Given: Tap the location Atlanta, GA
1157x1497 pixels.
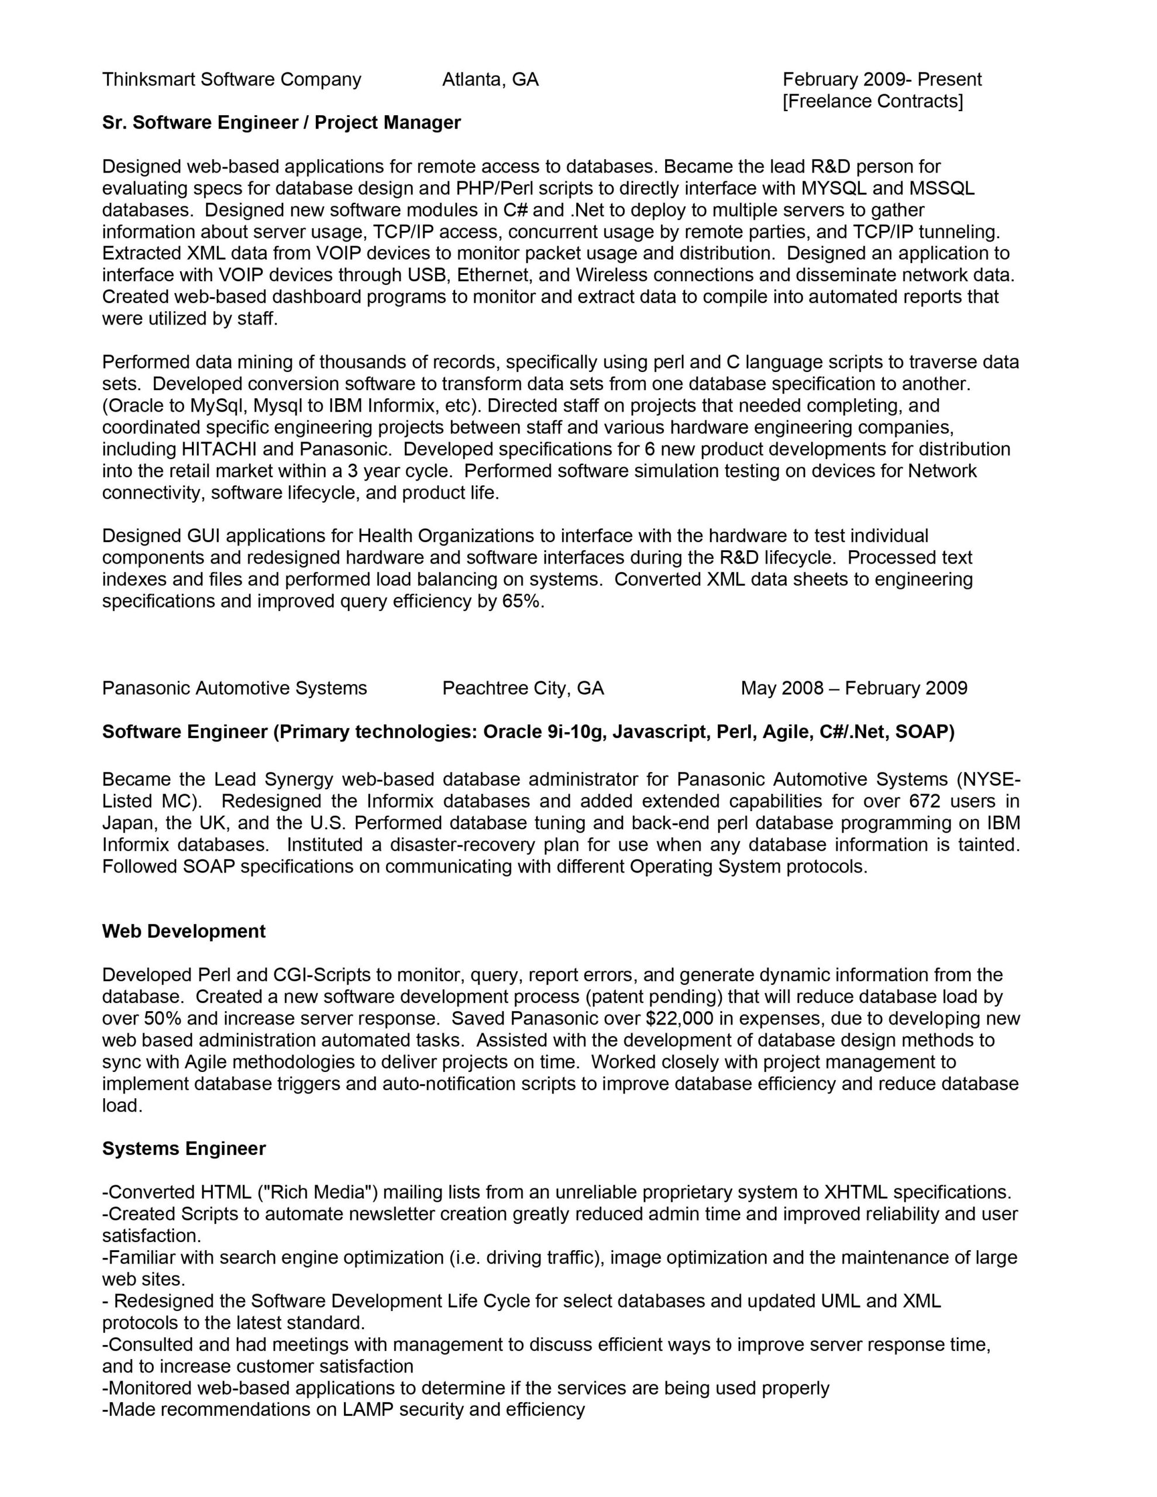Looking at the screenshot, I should coord(490,80).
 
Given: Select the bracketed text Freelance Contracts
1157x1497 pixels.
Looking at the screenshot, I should coord(872,101).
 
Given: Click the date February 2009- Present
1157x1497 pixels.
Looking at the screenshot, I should coord(882,80).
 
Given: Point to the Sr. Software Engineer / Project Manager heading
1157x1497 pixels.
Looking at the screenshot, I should coord(281,123).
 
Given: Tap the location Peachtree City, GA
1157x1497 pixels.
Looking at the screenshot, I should coord(522,688).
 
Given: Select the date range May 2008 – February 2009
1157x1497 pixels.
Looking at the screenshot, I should coord(854,688).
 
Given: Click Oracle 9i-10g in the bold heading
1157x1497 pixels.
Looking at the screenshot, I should coord(545,732).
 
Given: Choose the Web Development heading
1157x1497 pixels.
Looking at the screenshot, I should coord(184,932).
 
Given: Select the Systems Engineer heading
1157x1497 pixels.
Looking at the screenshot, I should coord(184,1149).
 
